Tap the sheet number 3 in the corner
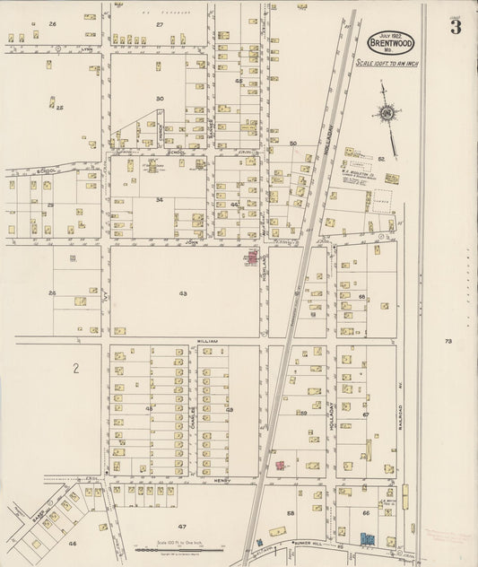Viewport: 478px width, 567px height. [456, 26]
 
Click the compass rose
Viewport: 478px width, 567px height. [387, 112]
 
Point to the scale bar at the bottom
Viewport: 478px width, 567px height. [180, 550]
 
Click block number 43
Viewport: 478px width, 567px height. [182, 293]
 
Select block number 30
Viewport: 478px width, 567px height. [160, 99]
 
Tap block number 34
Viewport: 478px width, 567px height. [159, 200]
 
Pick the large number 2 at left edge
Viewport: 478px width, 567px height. [76, 368]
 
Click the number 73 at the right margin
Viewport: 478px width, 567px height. [448, 341]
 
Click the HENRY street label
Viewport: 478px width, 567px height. [222, 481]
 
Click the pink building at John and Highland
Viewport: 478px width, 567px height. [252, 258]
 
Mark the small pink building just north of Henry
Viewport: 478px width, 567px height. [280, 467]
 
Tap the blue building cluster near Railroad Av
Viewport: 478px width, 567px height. [367, 539]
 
